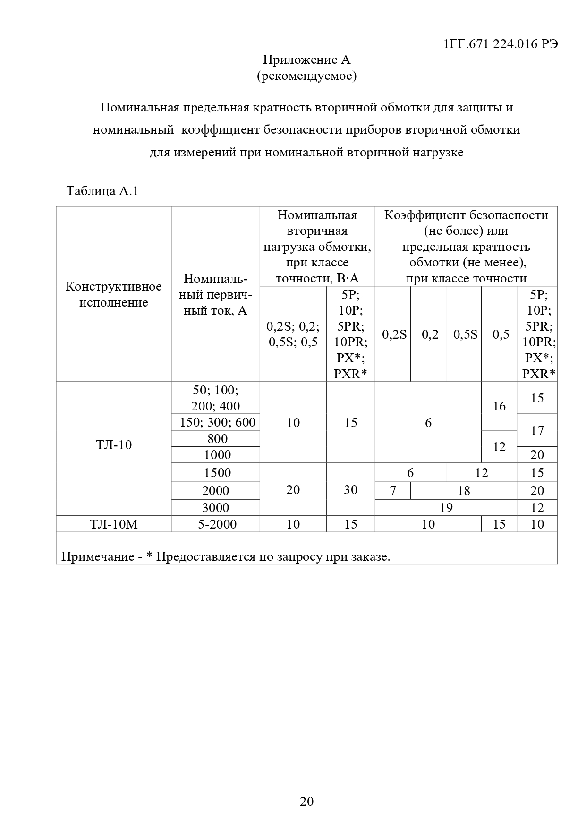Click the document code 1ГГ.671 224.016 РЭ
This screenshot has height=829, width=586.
tap(501, 44)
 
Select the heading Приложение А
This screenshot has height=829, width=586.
tap(306, 60)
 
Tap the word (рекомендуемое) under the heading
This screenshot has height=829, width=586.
tap(306, 76)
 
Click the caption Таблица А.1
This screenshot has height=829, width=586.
tap(102, 191)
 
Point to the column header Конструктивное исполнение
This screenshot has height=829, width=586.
tap(113, 294)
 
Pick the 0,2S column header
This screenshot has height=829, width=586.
tap(394, 334)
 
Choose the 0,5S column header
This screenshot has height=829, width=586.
tap(465, 334)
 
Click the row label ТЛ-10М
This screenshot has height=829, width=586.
tap(114, 524)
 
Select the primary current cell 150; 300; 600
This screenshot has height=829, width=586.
tap(217, 422)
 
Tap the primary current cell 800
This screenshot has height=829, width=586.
tap(217, 438)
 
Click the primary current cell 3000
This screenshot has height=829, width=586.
tap(215, 507)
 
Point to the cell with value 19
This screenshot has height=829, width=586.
tap(446, 507)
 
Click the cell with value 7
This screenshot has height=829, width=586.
tap(393, 490)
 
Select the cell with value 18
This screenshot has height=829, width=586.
tap(464, 490)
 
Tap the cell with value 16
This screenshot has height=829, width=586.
tap(499, 406)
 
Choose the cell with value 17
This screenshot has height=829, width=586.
tap(537, 430)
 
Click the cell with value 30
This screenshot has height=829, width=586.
tap(350, 489)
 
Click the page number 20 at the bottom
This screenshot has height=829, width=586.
tap(306, 801)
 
